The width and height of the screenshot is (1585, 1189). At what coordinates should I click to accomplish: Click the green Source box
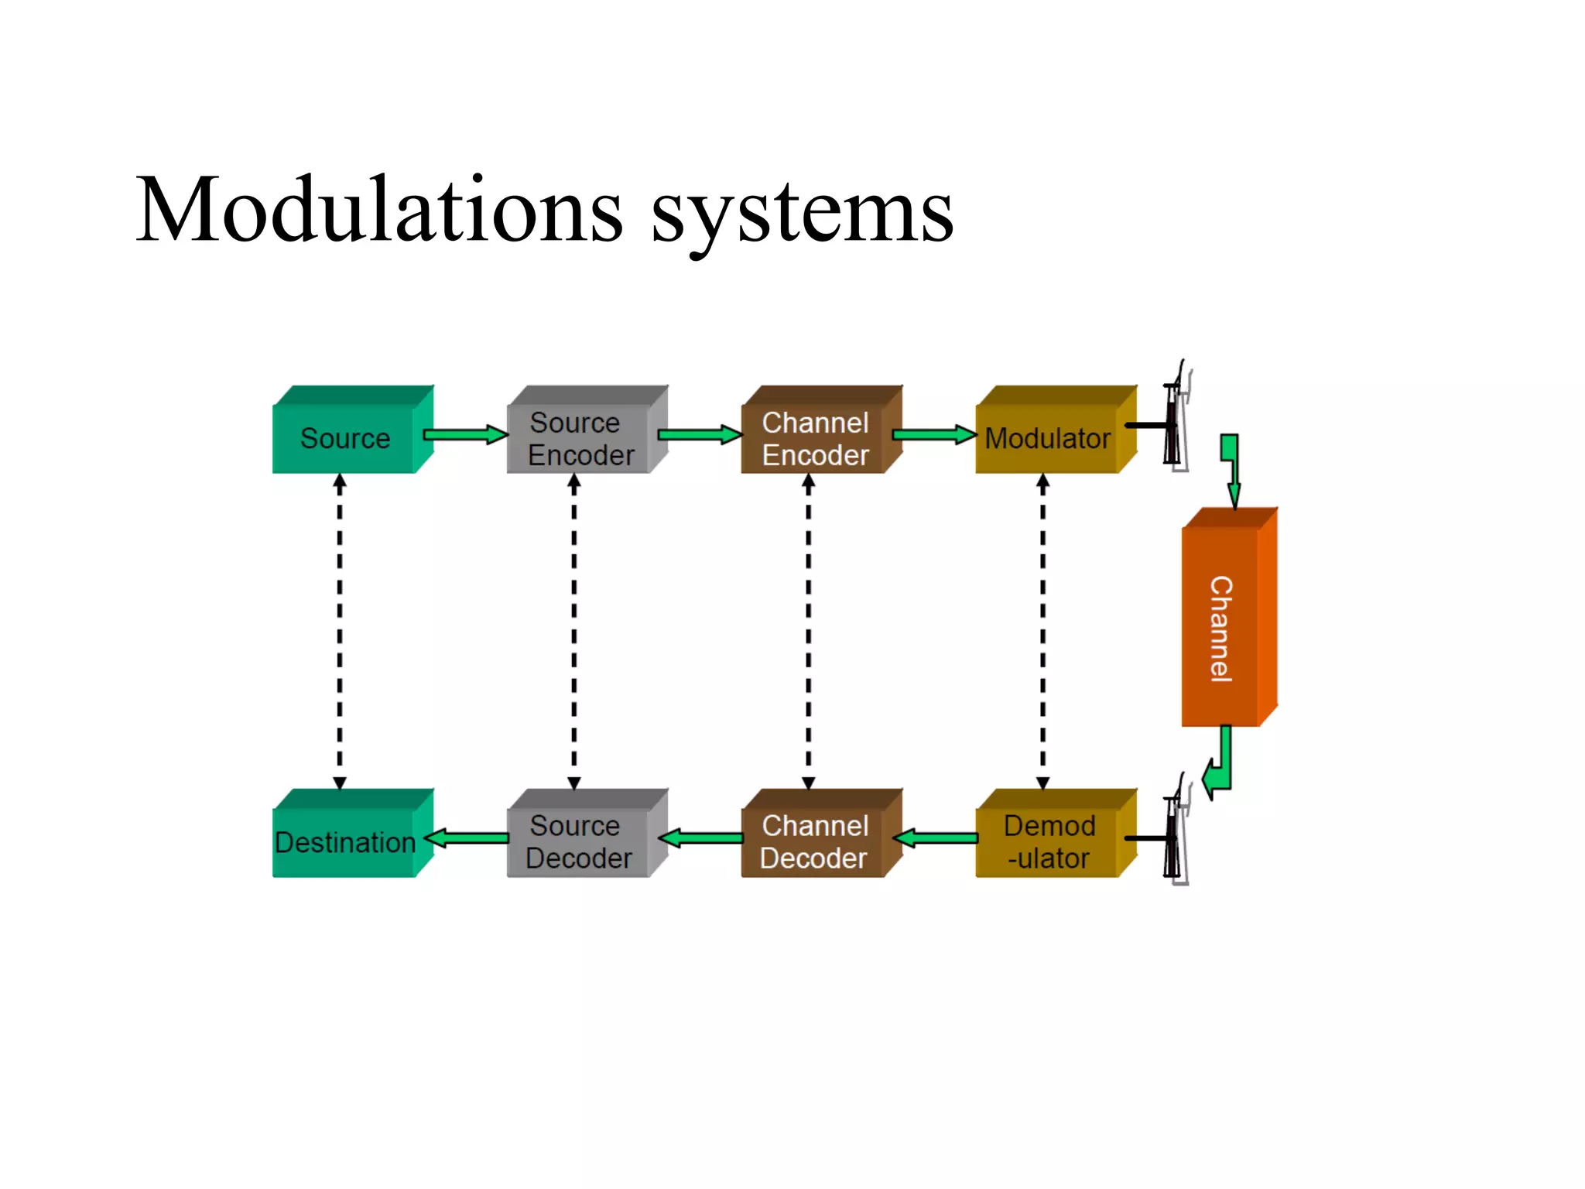click(x=345, y=438)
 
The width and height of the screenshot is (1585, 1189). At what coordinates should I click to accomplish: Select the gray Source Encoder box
click(x=580, y=438)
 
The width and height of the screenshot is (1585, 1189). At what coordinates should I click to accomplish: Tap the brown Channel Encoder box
click(x=814, y=438)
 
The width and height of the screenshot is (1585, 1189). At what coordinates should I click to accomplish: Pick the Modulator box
click(x=1048, y=438)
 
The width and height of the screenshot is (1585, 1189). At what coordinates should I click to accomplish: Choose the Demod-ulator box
click(x=1049, y=841)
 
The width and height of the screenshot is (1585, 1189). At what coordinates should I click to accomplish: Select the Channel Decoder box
click(x=814, y=841)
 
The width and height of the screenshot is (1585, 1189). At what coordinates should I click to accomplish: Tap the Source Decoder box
click(x=580, y=841)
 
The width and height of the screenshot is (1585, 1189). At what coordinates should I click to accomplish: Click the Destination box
click(x=345, y=841)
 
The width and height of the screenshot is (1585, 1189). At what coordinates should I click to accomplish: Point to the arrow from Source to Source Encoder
click(x=465, y=434)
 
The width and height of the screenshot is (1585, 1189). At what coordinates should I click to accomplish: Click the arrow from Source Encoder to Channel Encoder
click(x=700, y=434)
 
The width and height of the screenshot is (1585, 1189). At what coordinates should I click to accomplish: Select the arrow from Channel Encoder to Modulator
click(x=934, y=434)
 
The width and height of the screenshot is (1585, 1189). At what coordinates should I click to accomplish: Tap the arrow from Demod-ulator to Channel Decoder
click(x=936, y=838)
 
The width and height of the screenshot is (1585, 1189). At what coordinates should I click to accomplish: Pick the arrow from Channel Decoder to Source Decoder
click(x=701, y=838)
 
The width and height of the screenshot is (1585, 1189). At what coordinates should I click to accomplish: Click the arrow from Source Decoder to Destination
click(x=467, y=838)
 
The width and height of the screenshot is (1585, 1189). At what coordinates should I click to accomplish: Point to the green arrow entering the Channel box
click(x=1231, y=468)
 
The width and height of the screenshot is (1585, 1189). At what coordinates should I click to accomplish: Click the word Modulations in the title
click(x=379, y=211)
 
